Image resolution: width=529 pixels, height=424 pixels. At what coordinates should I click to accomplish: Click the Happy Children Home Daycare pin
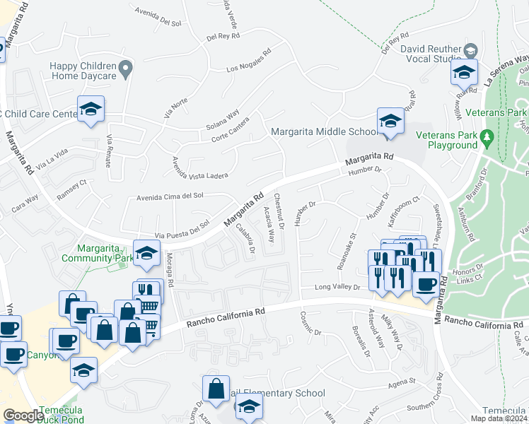[126, 69]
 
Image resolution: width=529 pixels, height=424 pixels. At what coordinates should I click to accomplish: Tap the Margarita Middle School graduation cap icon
[390, 122]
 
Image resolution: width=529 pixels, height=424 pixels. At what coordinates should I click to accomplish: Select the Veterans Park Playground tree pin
[487, 135]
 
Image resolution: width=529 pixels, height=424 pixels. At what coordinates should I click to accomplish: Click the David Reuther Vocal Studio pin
[470, 51]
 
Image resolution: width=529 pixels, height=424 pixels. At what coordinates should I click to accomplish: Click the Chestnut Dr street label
[279, 210]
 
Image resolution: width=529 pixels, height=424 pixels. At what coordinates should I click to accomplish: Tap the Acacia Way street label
[269, 225]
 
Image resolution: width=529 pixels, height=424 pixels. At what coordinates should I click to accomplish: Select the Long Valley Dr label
[337, 288]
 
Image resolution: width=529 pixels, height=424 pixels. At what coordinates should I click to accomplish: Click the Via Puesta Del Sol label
[182, 225]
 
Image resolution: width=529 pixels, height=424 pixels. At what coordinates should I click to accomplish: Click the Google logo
[23, 416]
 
